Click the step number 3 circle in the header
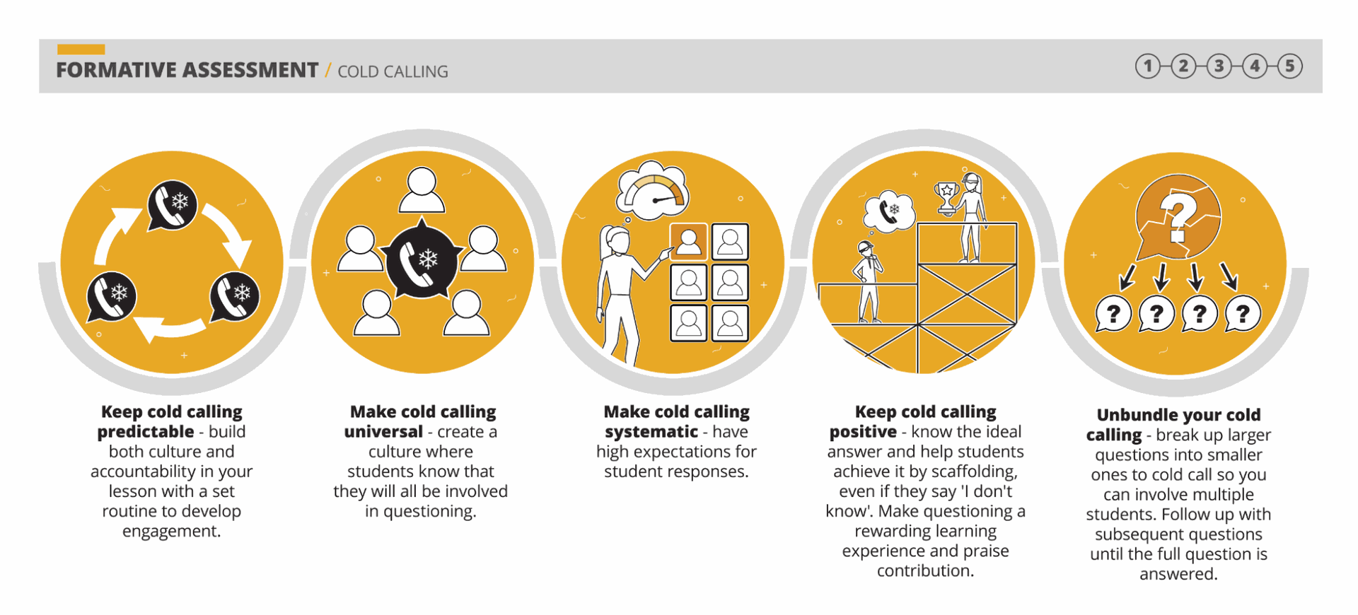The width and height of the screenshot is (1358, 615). (1219, 66)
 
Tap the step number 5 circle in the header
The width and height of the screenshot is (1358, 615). (1290, 66)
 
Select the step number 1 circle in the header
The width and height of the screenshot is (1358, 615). (1148, 66)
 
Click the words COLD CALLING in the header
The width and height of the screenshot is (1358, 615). (393, 71)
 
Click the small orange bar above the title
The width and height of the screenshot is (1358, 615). (81, 49)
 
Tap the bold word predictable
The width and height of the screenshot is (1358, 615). (146, 432)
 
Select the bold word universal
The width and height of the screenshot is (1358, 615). (383, 432)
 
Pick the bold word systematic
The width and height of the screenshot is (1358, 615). (651, 432)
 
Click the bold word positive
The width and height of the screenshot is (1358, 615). (863, 432)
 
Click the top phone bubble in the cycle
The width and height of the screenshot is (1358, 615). (173, 205)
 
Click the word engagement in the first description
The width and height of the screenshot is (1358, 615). (171, 531)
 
